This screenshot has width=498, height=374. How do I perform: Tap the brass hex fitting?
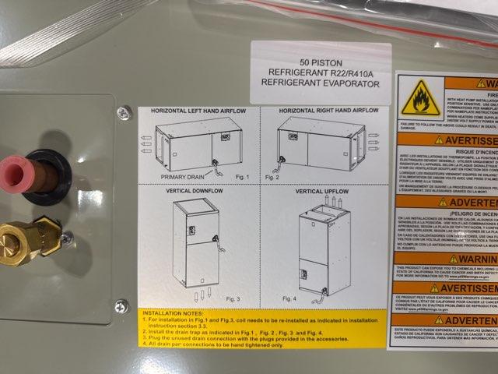click(x=31, y=237)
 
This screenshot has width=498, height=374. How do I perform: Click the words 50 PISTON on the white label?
click(x=321, y=62)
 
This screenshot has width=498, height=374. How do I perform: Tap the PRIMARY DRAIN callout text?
click(x=182, y=177)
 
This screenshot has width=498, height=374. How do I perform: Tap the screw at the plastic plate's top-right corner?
click(x=123, y=113)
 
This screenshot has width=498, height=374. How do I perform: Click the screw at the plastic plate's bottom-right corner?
click(x=121, y=306)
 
